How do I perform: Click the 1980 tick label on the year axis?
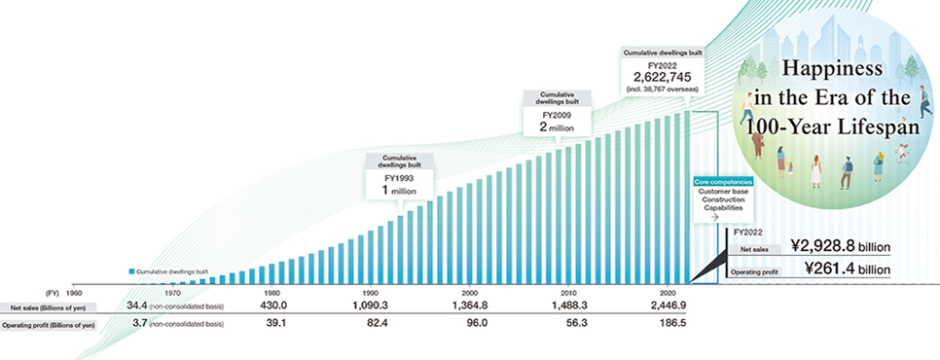click(x=271, y=293)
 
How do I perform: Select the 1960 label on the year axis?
click(x=73, y=293)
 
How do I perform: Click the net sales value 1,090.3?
click(x=371, y=306)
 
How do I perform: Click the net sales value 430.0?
click(x=271, y=306)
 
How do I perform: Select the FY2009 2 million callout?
click(x=558, y=114)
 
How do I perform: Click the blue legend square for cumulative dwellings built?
click(x=131, y=271)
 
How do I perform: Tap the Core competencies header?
click(x=723, y=180)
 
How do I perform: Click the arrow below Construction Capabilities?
click(x=714, y=217)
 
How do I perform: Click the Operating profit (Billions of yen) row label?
click(x=51, y=325)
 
